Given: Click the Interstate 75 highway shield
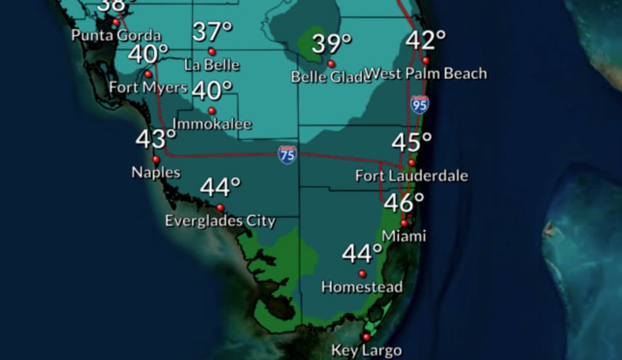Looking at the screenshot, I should [287, 155].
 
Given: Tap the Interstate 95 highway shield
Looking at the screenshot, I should [420, 104].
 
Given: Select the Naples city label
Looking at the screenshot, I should [155, 173].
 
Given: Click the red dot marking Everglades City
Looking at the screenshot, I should [220, 207].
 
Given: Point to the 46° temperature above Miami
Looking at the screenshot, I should [404, 203].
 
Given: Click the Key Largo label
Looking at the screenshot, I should [367, 350].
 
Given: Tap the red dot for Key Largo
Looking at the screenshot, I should [367, 337].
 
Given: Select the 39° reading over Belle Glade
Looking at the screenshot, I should [332, 44].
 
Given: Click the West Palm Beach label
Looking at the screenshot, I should [426, 74].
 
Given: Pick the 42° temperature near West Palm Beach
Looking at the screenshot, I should [425, 40].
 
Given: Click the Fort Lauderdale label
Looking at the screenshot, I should [411, 175].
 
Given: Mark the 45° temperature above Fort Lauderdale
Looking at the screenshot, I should [411, 142].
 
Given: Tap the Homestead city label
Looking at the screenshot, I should [362, 287].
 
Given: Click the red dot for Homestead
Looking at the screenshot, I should [362, 273].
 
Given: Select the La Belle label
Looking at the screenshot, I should [212, 65].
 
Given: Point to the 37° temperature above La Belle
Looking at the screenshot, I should [212, 31].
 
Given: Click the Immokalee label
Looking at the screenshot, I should [212, 124].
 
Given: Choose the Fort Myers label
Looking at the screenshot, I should [148, 87].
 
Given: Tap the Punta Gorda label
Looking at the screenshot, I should [116, 35].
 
